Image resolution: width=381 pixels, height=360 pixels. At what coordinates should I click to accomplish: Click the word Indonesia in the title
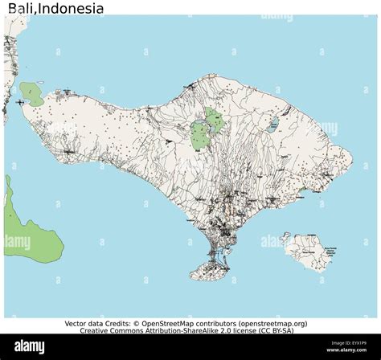coord(72,9)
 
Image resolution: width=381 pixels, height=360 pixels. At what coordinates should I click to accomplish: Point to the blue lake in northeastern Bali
coord(274,125)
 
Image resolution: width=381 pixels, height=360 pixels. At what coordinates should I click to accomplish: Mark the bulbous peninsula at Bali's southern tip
coord(219,272)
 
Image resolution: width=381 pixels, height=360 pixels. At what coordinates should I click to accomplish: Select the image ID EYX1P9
coord(354,344)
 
